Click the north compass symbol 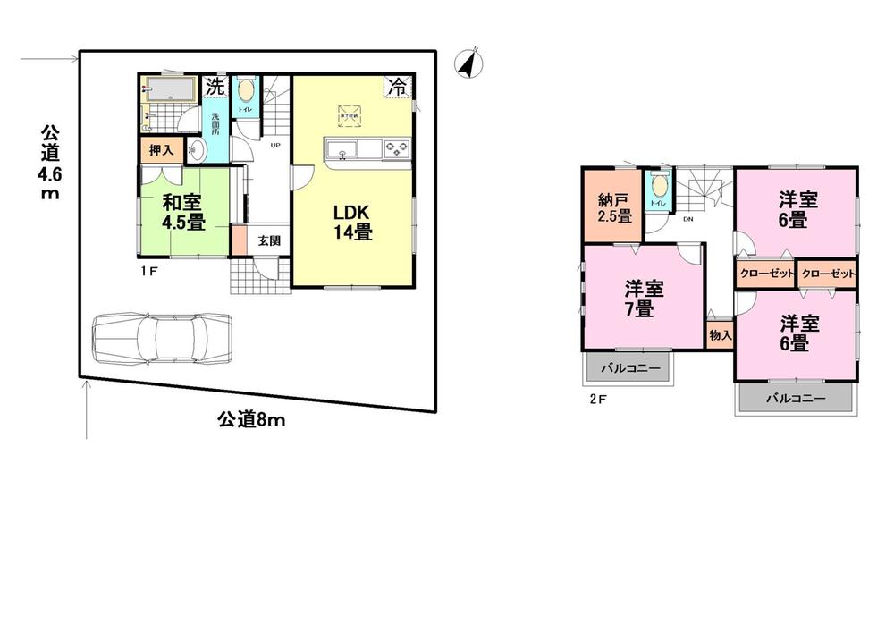[466, 63]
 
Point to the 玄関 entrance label [269, 240]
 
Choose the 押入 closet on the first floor [161, 151]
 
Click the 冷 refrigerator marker [397, 87]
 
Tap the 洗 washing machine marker [215, 87]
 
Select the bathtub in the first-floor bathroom [167, 89]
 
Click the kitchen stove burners [396, 149]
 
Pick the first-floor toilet [245, 95]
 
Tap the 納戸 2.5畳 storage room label [614, 206]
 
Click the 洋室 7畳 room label [644, 299]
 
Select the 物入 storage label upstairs [720, 335]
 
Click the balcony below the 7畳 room [628, 367]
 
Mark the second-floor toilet [659, 190]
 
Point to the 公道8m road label [251, 418]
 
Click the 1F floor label [148, 269]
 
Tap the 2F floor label [597, 399]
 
